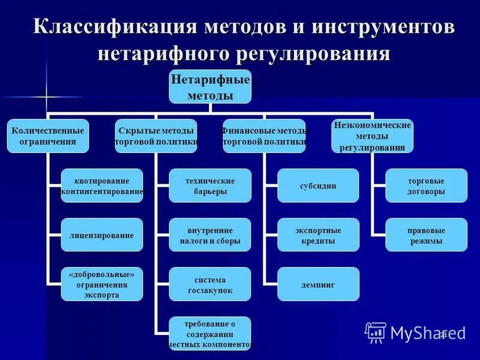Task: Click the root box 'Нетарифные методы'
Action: [210, 86]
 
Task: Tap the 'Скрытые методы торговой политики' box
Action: [156, 136]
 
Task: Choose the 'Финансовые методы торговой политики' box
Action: [264, 136]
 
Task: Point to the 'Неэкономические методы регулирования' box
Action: [372, 136]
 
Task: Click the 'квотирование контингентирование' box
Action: [102, 185]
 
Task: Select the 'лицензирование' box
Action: [102, 235]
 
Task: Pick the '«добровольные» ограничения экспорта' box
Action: [102, 284]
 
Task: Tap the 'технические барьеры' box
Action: [210, 185]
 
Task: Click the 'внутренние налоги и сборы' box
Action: [210, 235]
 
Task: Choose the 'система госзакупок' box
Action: [210, 284]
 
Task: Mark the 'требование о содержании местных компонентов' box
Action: [210, 334]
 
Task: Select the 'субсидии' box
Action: [318, 185]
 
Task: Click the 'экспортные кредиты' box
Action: [318, 235]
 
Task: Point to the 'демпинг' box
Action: [318, 284]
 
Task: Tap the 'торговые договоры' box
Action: [426, 185]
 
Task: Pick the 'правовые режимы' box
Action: [426, 235]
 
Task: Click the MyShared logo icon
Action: [376, 332]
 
